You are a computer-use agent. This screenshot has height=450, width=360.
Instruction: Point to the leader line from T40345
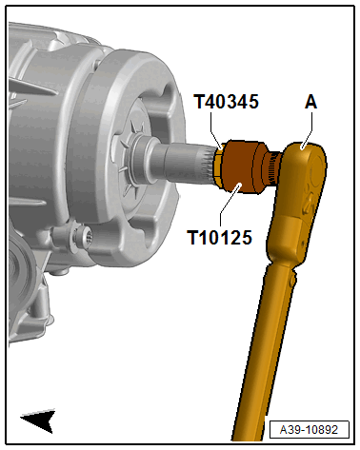(x=220, y=132)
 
